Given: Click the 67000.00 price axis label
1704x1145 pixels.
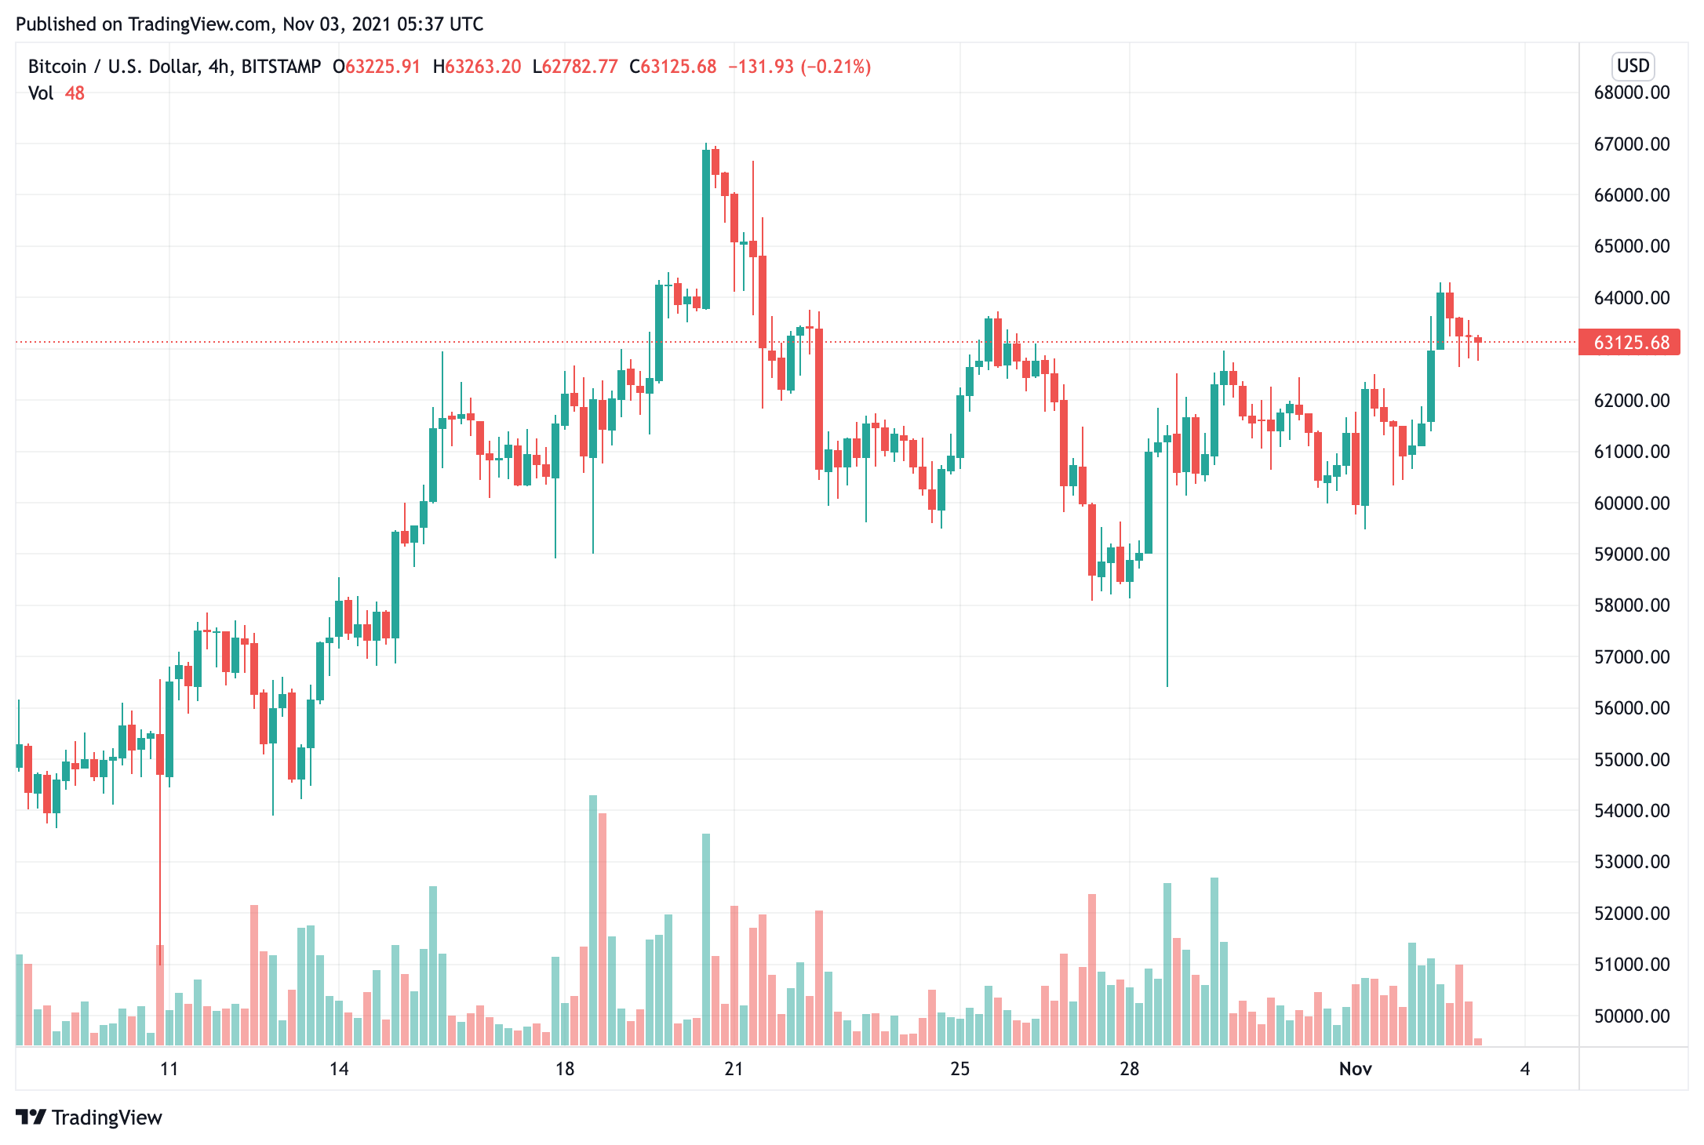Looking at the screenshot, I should point(1631,144).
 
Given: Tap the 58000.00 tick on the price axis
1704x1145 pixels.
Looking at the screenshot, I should point(1631,605).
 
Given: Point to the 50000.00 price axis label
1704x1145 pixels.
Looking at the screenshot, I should point(1631,1016).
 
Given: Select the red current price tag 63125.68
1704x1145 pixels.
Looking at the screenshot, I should point(1629,343).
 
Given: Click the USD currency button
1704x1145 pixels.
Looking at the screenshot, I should point(1633,66).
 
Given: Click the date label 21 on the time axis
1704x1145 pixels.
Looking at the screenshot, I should point(734,1069).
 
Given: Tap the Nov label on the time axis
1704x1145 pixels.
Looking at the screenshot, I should point(1355,1069).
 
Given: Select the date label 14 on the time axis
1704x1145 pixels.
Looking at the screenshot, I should point(338,1069).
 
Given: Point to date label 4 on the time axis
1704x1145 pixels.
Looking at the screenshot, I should point(1524,1069).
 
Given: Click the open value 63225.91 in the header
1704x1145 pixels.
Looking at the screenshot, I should point(382,67).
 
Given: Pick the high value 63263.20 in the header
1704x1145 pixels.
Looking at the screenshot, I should point(482,67).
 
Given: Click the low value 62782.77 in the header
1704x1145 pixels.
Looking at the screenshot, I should point(580,67).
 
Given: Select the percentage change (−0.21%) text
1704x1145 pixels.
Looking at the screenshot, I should point(836,67).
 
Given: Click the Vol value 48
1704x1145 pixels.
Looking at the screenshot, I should point(75,93).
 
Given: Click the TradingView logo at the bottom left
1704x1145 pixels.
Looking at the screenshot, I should point(89,1117).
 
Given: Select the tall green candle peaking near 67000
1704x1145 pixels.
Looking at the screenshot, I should point(706,227).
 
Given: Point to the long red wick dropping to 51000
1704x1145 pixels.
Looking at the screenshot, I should point(160,863).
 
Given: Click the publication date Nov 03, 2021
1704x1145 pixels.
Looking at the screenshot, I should point(335,24).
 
